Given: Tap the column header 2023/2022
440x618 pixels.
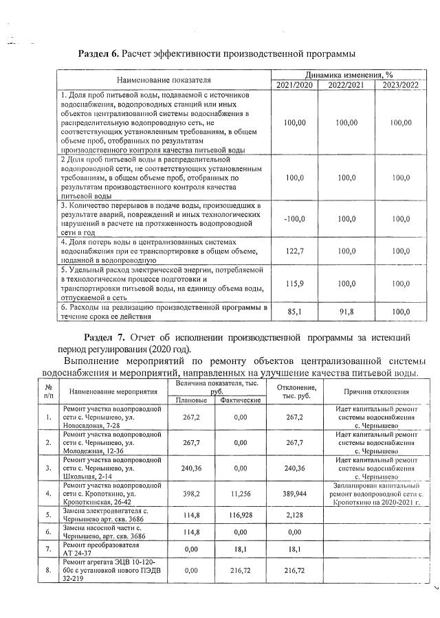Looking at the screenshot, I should click(x=399, y=85).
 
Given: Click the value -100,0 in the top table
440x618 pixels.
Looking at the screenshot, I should click(x=294, y=218).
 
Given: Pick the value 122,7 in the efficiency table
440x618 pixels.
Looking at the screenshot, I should click(x=294, y=252).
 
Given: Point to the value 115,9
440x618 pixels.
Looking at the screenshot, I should click(x=294, y=284).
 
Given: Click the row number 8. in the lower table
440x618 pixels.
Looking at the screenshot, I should click(x=47, y=571).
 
